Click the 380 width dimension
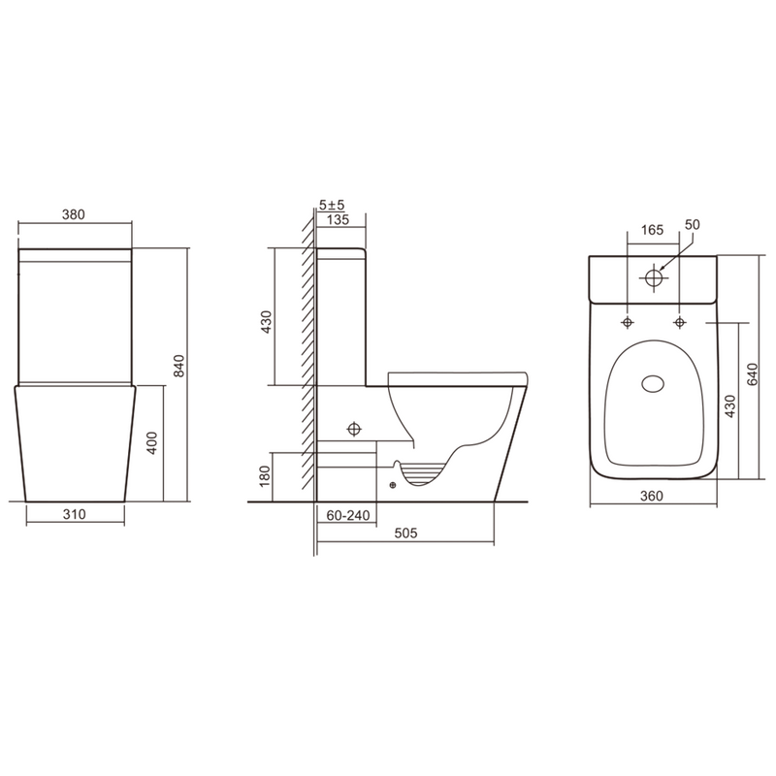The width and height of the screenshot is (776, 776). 74,214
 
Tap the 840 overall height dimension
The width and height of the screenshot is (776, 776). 178,366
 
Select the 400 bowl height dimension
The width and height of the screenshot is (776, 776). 152,443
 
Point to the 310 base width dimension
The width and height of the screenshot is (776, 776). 75,514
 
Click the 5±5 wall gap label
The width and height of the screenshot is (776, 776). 332,205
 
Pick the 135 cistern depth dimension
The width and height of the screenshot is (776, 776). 339,219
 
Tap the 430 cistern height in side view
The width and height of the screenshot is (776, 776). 266,322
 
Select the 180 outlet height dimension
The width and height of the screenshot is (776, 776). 265,476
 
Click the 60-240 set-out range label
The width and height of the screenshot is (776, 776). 348,516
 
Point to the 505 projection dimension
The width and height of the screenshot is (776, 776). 405,533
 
